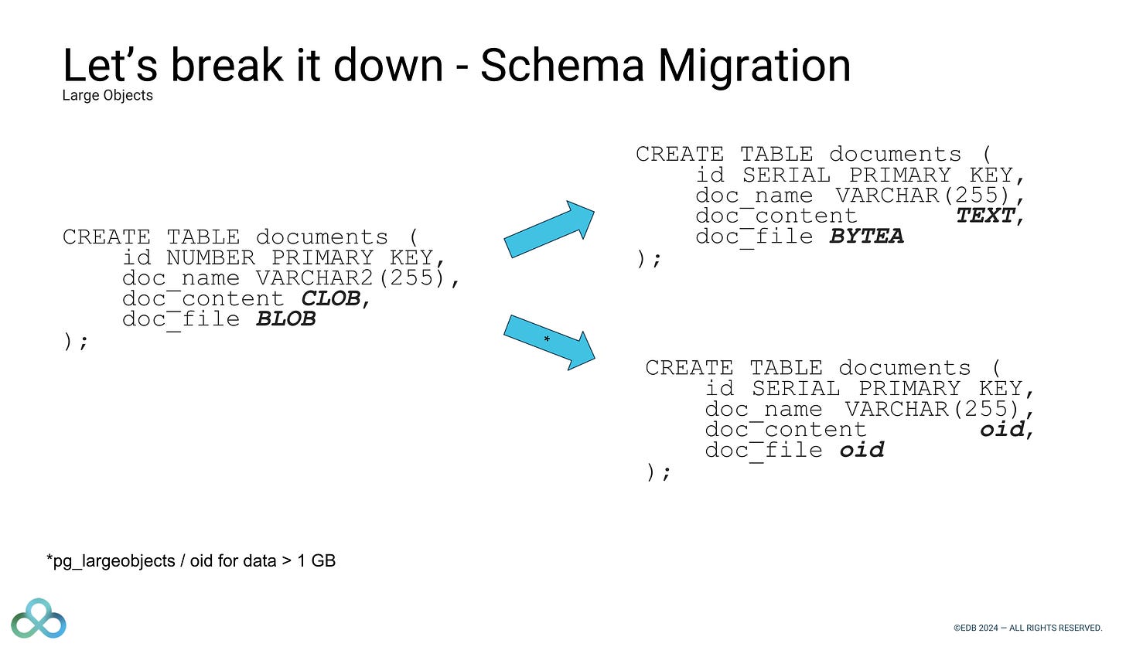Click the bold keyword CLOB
(x=330, y=298)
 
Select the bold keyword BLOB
(x=285, y=319)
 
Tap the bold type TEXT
(x=985, y=216)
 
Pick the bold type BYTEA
(x=866, y=236)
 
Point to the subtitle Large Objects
(x=107, y=96)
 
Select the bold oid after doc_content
(x=1002, y=429)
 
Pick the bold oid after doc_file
(x=862, y=450)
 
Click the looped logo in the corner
(x=39, y=619)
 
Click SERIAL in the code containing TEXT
(x=786, y=175)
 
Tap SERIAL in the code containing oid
(x=795, y=388)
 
